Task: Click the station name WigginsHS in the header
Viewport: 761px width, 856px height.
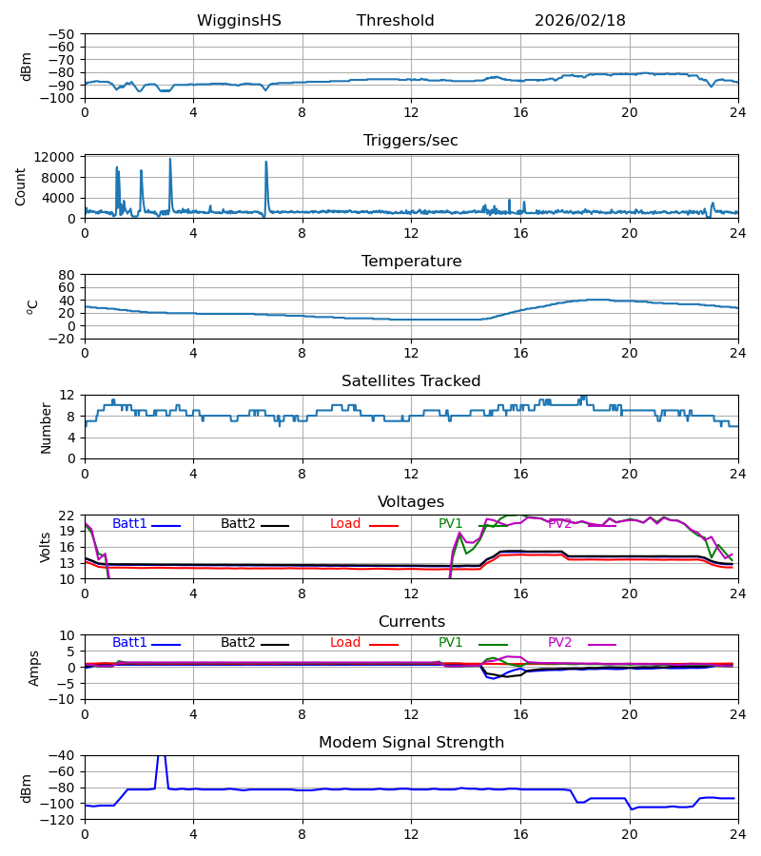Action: tap(239, 21)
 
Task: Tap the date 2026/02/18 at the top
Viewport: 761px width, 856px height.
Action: tap(579, 21)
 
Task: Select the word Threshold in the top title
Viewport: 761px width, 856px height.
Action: tap(395, 21)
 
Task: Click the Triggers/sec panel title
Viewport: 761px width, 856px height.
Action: tap(411, 141)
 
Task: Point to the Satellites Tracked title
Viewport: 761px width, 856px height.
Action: tap(411, 381)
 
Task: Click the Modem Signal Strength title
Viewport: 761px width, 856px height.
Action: tap(411, 743)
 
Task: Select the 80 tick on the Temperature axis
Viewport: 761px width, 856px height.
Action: tap(67, 275)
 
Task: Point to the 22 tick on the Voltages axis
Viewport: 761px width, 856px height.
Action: tap(67, 516)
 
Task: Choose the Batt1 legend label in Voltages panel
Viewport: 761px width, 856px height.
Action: tap(129, 524)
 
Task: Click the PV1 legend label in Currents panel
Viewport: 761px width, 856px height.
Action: tap(450, 643)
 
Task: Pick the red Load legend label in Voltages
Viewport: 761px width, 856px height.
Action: tap(345, 524)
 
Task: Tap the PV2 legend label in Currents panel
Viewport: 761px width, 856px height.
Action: tap(559, 643)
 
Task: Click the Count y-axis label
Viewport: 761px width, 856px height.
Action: tap(21, 186)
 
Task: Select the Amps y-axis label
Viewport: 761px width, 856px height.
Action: tap(34, 668)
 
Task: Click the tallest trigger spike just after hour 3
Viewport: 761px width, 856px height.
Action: tap(170, 160)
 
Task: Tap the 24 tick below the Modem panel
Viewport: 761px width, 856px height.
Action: tap(737, 834)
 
